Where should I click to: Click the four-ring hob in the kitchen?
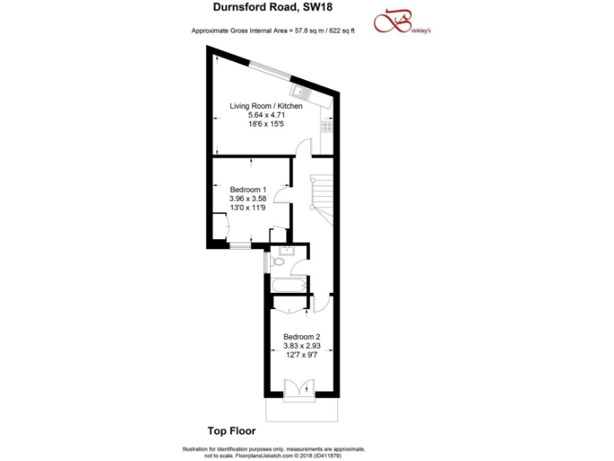pos(326,126)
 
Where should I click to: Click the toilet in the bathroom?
pos(278,262)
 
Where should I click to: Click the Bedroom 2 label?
pos(301,336)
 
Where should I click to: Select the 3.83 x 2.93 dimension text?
pos(301,346)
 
